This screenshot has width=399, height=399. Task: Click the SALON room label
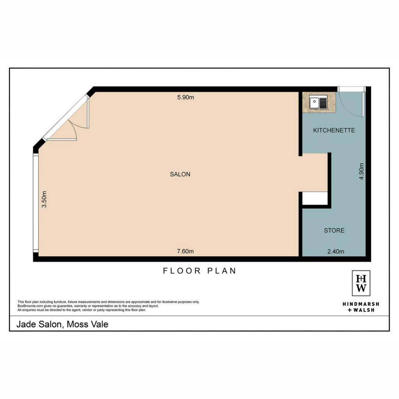tap(180, 174)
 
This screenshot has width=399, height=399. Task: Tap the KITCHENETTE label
tap(334, 130)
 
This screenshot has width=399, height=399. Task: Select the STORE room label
tap(334, 230)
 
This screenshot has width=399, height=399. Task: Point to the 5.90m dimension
tap(185, 97)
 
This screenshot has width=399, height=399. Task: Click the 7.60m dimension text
tap(185, 251)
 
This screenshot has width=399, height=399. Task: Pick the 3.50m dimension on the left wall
tap(44, 199)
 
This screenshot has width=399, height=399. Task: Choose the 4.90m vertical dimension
tap(361, 171)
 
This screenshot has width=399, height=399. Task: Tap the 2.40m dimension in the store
tap(335, 251)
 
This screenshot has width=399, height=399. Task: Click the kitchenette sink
tap(318, 102)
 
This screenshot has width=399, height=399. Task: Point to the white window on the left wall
tap(35, 203)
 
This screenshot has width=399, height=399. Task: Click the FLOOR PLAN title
tap(199, 271)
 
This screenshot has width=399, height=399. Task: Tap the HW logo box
tap(361, 283)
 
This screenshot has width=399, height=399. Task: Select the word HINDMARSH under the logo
tap(361, 304)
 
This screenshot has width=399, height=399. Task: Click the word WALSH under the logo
tap(364, 310)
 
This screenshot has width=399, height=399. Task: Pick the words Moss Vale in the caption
tap(88, 324)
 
